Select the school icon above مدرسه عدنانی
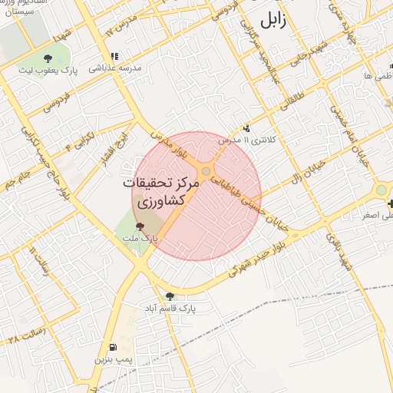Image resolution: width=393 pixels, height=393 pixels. (x=114, y=56)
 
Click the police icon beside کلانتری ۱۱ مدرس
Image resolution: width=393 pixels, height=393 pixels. (x=246, y=128)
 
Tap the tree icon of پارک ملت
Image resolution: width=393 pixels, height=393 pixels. (x=139, y=226)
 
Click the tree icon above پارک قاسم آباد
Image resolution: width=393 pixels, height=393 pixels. (x=170, y=296)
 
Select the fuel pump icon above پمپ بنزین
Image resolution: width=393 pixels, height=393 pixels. (x=114, y=347)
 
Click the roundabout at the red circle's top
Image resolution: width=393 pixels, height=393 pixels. (x=206, y=170)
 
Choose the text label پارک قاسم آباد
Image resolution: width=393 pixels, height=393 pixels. (x=170, y=308)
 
